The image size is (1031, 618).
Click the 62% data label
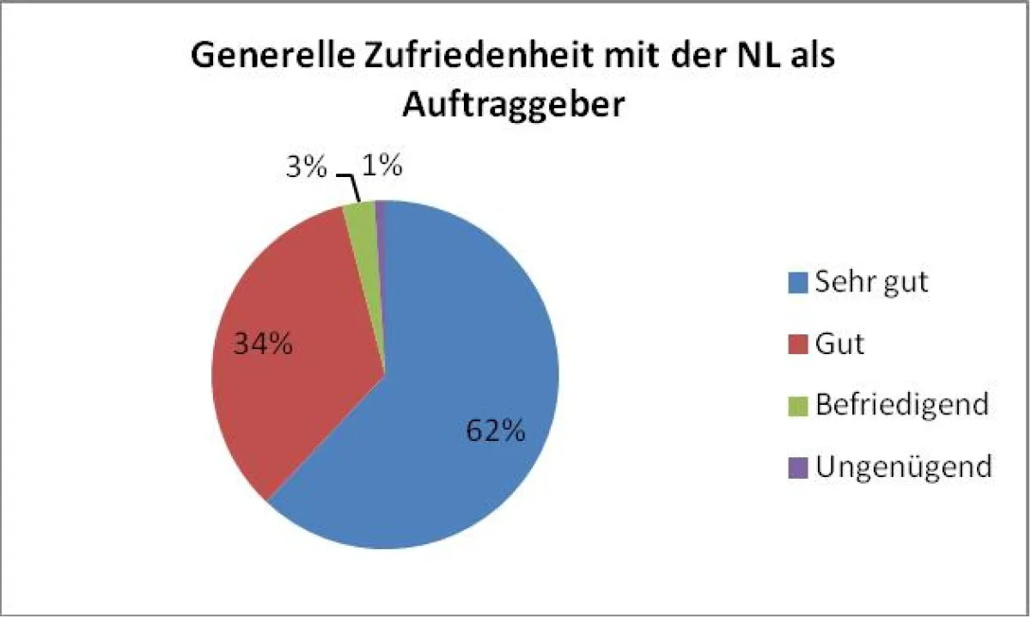tap(495, 431)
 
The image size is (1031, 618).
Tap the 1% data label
tap(382, 166)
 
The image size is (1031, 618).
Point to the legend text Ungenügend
tap(903, 467)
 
